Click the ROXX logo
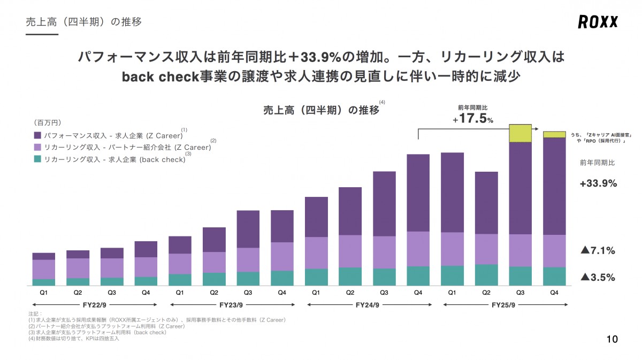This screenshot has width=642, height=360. (x=598, y=22)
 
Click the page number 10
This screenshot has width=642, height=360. (x=612, y=339)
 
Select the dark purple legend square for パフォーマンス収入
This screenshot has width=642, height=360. (x=37, y=136)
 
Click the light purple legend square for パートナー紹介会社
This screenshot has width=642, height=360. (x=37, y=147)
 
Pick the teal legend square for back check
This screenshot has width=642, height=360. (x=37, y=159)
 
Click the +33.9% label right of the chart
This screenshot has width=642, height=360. (x=598, y=183)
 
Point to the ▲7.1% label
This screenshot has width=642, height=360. (x=598, y=250)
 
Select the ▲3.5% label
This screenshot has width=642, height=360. (x=598, y=277)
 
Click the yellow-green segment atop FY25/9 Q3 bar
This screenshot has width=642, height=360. (x=521, y=133)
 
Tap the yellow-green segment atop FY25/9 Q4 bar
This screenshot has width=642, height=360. (x=554, y=134)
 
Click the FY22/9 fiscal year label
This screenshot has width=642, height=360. (x=94, y=305)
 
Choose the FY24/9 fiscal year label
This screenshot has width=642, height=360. (x=367, y=305)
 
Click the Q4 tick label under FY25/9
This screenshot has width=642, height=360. (x=554, y=293)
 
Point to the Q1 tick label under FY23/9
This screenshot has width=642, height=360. (x=180, y=293)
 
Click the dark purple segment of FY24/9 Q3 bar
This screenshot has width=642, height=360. (x=384, y=203)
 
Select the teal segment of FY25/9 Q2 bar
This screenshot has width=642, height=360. (x=486, y=275)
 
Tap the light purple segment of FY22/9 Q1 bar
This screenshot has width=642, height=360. (x=43, y=269)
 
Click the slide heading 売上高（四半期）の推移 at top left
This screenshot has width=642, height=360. (x=84, y=22)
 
